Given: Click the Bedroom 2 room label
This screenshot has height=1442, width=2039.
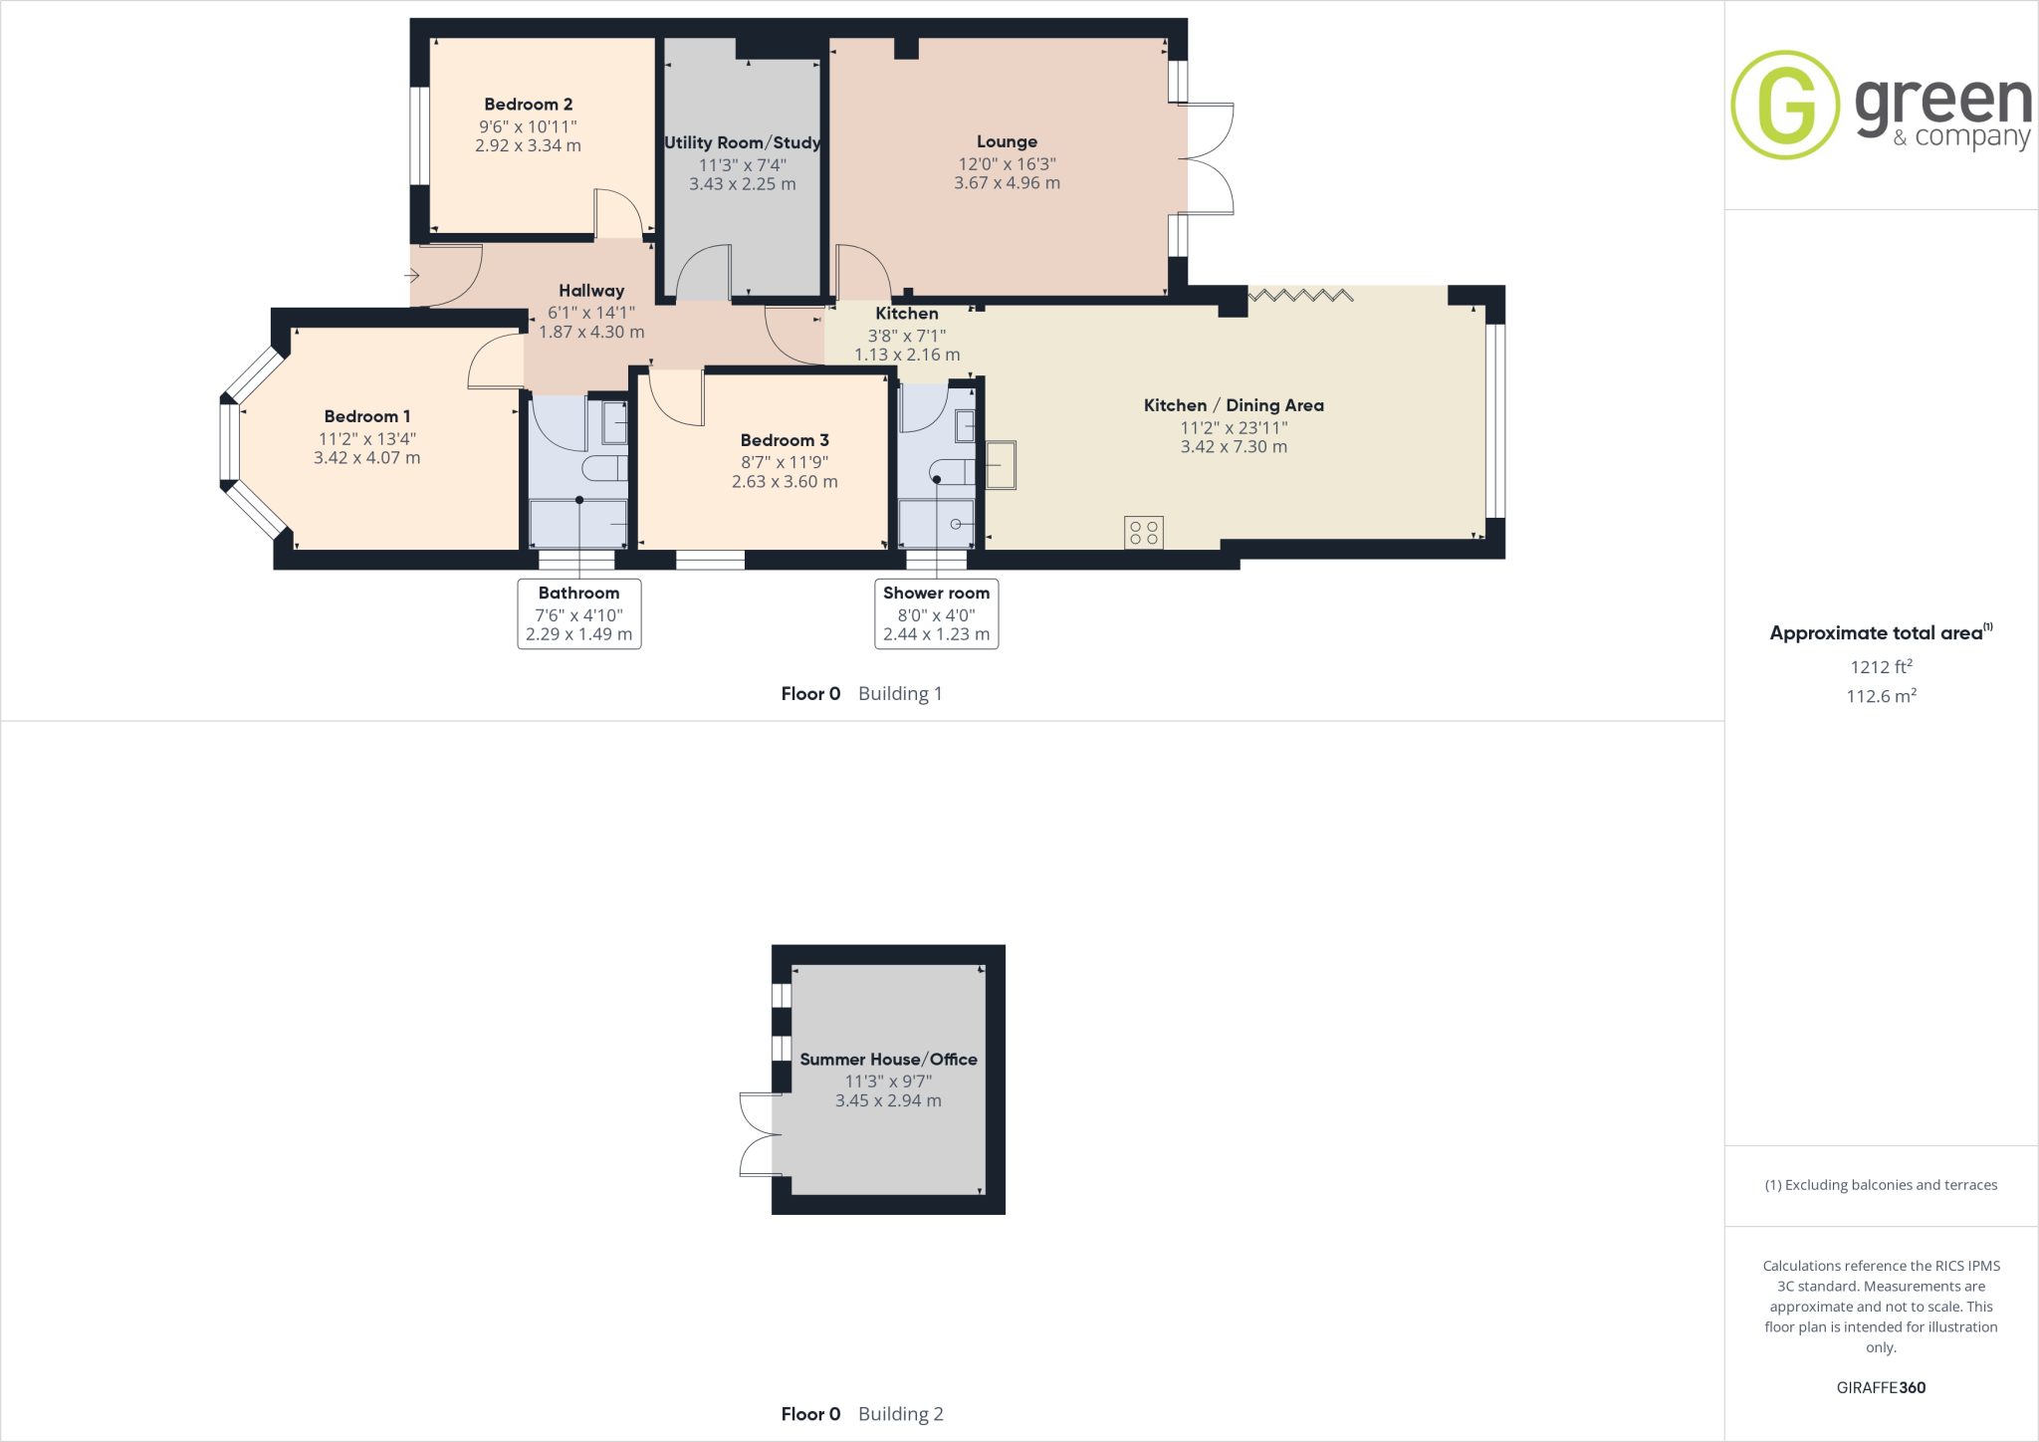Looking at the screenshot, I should pyautogui.click(x=528, y=105).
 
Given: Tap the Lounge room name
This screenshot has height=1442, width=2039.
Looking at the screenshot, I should pyautogui.click(x=1007, y=141).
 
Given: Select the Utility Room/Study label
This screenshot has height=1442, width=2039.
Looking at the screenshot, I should pyautogui.click(x=743, y=142).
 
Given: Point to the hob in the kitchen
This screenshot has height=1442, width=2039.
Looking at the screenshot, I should pyautogui.click(x=1143, y=532).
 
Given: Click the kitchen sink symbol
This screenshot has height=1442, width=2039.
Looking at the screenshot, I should pyautogui.click(x=1001, y=465).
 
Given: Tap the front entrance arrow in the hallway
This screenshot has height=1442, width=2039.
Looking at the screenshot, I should pyautogui.click(x=411, y=276).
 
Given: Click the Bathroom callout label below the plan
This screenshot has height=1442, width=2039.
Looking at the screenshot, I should pyautogui.click(x=578, y=594).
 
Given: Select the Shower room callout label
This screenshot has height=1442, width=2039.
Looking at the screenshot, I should pyautogui.click(x=936, y=594).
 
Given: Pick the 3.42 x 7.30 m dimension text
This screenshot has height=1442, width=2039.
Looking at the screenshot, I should pyautogui.click(x=1234, y=447).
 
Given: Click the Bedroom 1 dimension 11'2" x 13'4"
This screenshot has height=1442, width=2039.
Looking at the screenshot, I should pyautogui.click(x=366, y=439).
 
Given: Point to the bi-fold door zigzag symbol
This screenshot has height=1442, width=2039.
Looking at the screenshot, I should pyautogui.click(x=1300, y=295).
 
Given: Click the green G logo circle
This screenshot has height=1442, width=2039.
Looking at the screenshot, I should pyautogui.click(x=1784, y=105).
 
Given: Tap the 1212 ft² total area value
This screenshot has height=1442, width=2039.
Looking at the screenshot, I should pyautogui.click(x=1881, y=667).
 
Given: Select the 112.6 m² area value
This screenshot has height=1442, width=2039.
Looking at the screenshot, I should pyautogui.click(x=1881, y=696).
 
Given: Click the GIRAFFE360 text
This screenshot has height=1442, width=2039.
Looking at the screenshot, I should pyautogui.click(x=1881, y=1387).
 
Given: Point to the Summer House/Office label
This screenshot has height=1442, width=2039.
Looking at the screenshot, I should pyautogui.click(x=888, y=1060).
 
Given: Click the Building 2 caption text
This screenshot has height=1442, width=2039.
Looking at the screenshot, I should pyautogui.click(x=900, y=1414).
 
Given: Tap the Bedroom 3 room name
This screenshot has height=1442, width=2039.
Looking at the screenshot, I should pyautogui.click(x=785, y=440).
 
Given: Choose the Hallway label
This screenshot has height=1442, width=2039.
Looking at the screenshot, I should pyautogui.click(x=591, y=291).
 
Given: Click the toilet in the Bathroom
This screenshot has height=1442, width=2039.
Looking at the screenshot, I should pyautogui.click(x=604, y=468).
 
